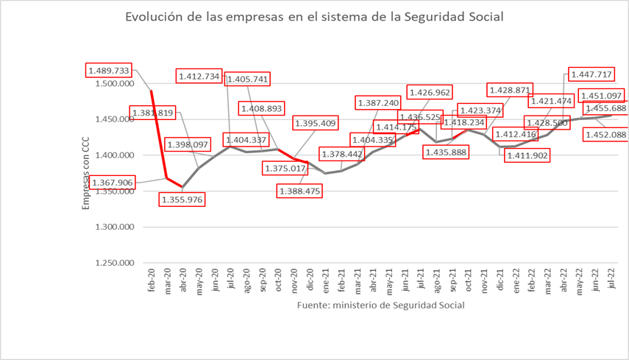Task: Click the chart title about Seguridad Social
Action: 314,16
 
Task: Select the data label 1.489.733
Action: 109,71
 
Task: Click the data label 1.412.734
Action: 199,76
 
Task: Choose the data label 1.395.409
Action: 314,123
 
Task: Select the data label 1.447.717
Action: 591,74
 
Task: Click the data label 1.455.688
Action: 605,108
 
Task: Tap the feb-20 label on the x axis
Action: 151,282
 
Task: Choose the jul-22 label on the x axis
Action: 611,282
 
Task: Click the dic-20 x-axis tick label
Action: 310,282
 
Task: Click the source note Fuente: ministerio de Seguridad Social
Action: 380,306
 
